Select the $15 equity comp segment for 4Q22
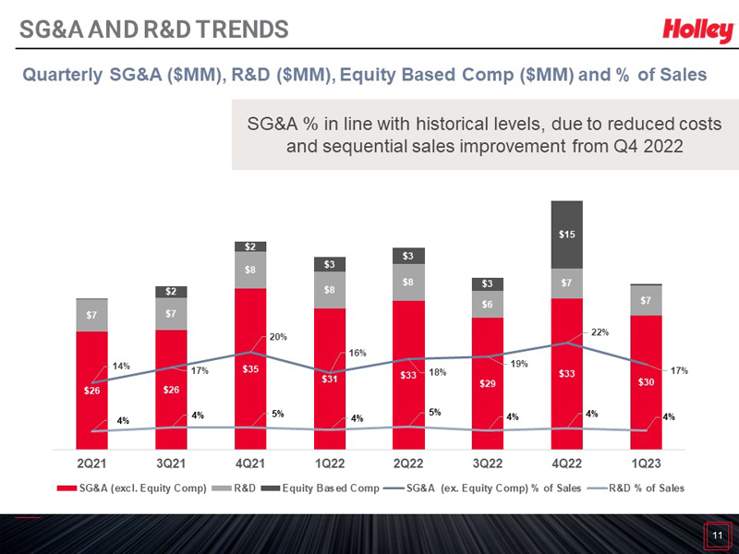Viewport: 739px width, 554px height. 567,235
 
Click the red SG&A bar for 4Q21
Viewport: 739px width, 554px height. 250,369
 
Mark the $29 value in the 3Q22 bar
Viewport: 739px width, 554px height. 488,381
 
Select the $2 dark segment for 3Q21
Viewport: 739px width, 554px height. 171,292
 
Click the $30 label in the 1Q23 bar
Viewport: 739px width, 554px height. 646,382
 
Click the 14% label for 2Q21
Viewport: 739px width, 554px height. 121,367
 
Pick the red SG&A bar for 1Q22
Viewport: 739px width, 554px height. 330,379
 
